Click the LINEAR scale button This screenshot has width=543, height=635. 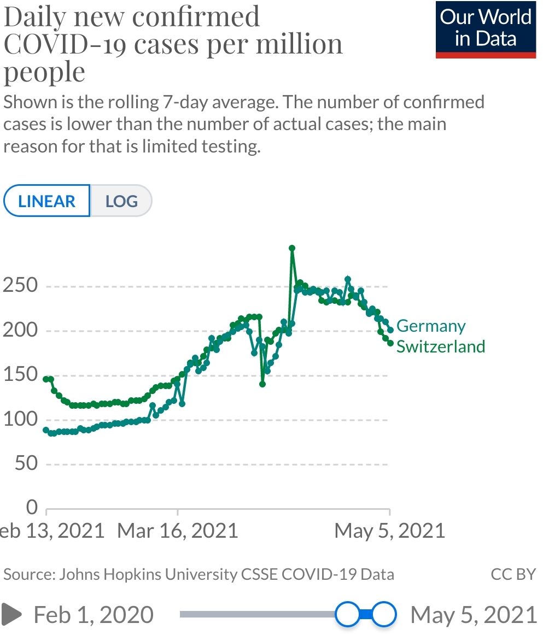[x=46, y=201]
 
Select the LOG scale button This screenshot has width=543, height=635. [x=121, y=201]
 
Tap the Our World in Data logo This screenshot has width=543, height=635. [x=486, y=28]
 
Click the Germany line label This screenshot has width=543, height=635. [x=431, y=326]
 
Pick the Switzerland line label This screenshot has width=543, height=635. [x=441, y=346]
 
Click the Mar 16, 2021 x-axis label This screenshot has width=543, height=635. [x=178, y=531]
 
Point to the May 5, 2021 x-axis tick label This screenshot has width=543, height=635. [x=389, y=531]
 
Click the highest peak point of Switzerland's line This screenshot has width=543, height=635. [x=292, y=248]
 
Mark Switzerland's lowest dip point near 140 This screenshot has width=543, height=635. [x=262, y=384]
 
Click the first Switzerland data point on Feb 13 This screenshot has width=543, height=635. [x=46, y=379]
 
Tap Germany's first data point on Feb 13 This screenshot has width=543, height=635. [x=46, y=431]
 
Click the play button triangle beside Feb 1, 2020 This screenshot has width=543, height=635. [x=12, y=614]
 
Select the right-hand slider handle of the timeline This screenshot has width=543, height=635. [x=384, y=614]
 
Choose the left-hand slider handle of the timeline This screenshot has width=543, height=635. [x=347, y=614]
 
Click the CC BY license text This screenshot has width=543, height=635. [x=513, y=574]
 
